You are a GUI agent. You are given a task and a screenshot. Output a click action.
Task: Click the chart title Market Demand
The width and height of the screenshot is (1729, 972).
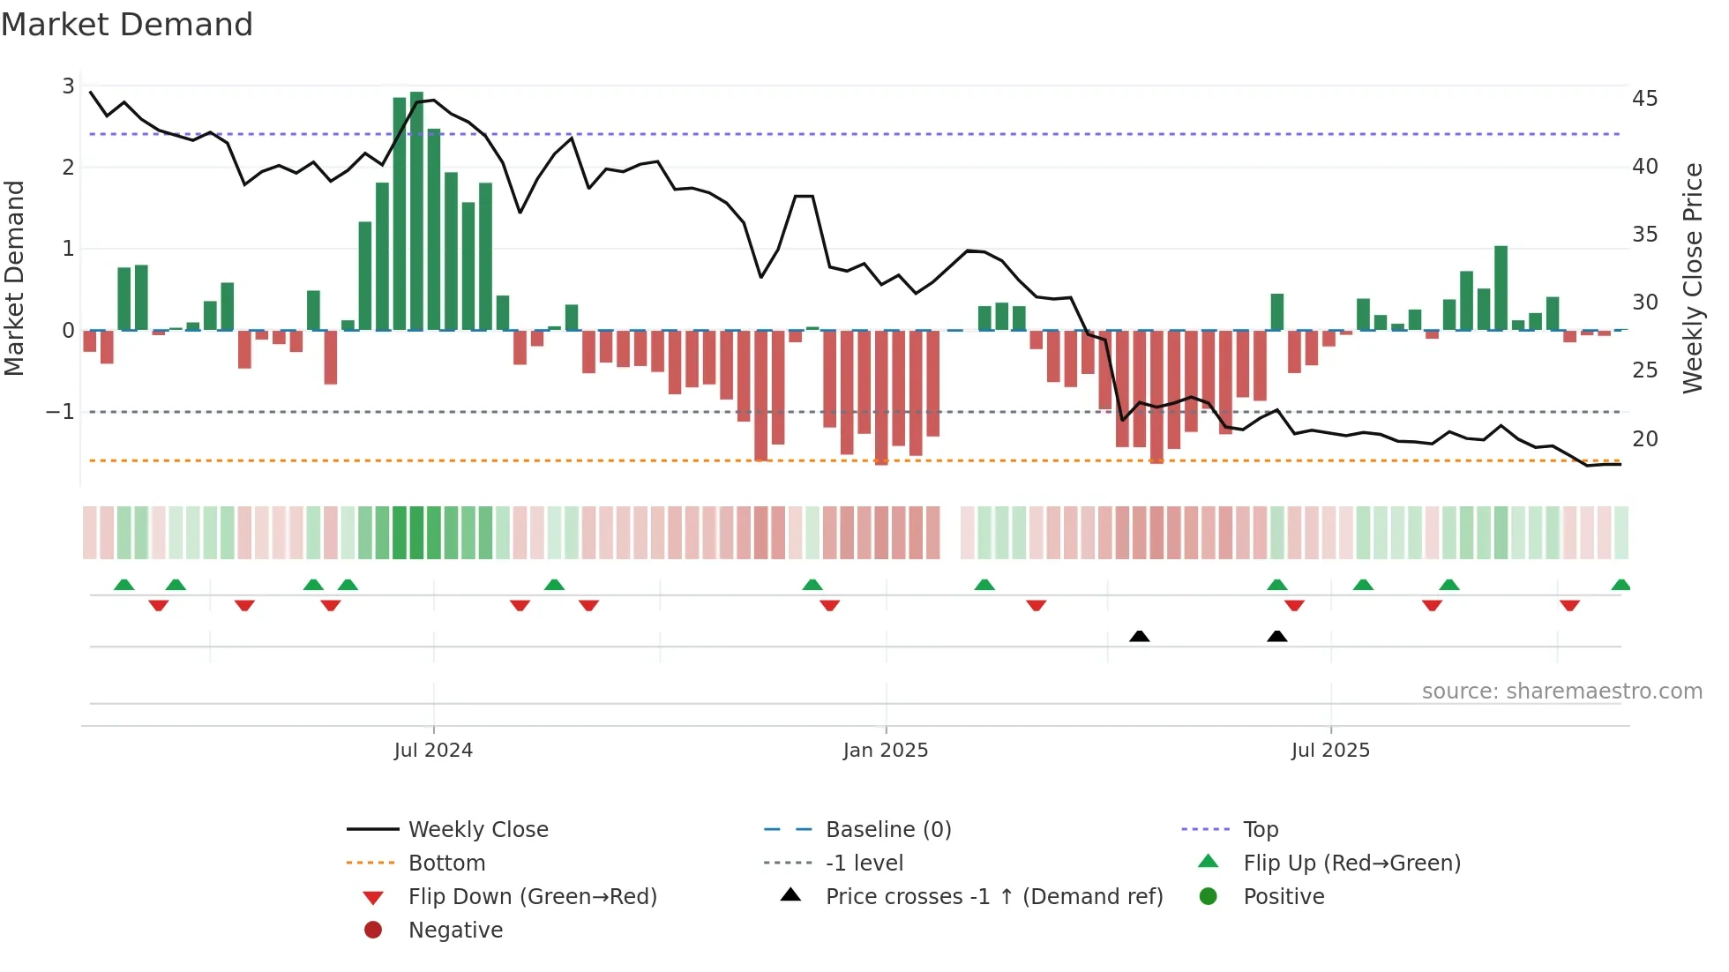click(x=127, y=25)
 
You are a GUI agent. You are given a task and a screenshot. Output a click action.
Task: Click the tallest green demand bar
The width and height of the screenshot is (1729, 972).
click(x=416, y=212)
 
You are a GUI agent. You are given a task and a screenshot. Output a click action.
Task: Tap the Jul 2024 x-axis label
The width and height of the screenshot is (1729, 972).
click(x=433, y=751)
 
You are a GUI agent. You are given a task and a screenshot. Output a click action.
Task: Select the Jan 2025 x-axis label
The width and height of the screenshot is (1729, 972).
click(x=885, y=751)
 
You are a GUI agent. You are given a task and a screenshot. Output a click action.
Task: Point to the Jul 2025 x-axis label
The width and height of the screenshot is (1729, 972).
click(x=1330, y=751)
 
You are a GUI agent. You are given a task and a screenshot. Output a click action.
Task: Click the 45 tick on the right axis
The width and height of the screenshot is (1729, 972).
click(x=1645, y=98)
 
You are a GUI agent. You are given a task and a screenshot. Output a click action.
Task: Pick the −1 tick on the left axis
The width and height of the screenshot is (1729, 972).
click(x=60, y=412)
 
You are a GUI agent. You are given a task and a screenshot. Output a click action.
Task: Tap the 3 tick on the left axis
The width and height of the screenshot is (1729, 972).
click(x=68, y=86)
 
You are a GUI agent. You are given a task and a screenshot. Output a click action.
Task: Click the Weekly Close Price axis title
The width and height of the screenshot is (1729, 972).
click(x=1692, y=278)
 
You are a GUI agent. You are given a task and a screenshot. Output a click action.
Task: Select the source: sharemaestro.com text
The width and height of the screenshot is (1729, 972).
click(x=1561, y=692)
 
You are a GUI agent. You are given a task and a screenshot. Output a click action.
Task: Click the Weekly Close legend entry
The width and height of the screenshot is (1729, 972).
click(x=477, y=830)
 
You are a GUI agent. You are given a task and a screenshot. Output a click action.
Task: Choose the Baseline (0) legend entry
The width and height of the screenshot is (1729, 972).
click(x=887, y=830)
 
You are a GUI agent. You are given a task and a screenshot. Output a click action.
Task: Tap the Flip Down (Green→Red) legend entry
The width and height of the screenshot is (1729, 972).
click(x=532, y=897)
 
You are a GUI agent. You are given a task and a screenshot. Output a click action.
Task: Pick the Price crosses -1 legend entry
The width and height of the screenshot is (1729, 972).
click(x=993, y=897)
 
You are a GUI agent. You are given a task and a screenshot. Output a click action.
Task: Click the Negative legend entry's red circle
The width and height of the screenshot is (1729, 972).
click(x=373, y=930)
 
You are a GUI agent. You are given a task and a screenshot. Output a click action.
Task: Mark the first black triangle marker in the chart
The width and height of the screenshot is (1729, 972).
click(x=1139, y=636)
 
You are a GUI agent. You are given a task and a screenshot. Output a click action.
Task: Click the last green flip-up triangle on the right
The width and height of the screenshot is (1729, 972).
click(x=1620, y=585)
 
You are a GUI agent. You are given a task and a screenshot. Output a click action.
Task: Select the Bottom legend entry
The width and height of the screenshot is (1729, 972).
click(x=446, y=864)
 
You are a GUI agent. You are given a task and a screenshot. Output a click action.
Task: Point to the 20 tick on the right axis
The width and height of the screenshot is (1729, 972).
click(x=1645, y=438)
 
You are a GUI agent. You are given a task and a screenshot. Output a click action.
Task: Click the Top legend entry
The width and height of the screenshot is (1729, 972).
click(x=1260, y=830)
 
